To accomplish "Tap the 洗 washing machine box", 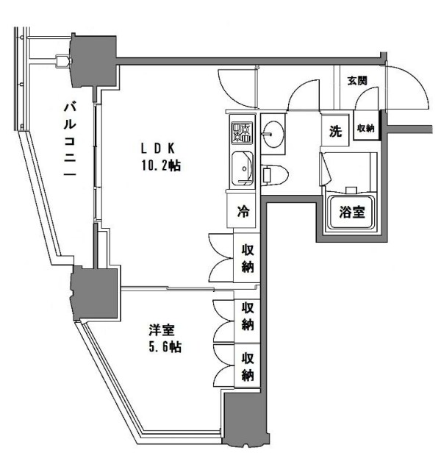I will tap(335, 132).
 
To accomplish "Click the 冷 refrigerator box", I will tap(242, 211).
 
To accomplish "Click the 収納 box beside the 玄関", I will tap(366, 129).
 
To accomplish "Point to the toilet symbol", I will tap(276, 174).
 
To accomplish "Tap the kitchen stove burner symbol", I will tap(241, 132).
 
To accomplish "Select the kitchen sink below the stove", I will tap(242, 170).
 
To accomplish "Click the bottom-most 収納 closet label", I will tap(248, 366).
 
